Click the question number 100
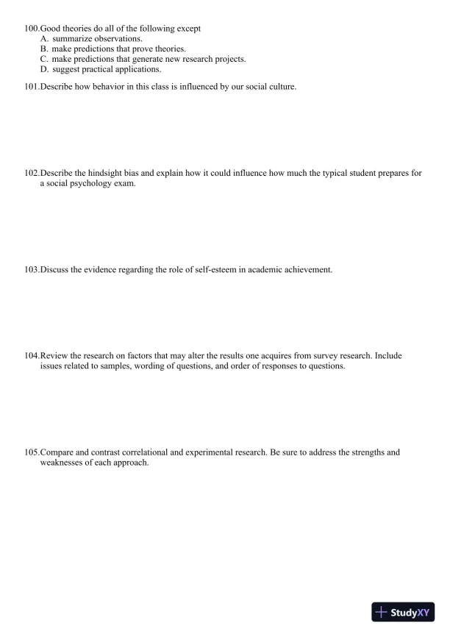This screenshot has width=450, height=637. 32,28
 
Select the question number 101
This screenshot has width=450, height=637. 32,87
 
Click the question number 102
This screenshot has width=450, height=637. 32,174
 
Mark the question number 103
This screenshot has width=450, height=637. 32,270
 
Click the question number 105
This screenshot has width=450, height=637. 32,452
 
